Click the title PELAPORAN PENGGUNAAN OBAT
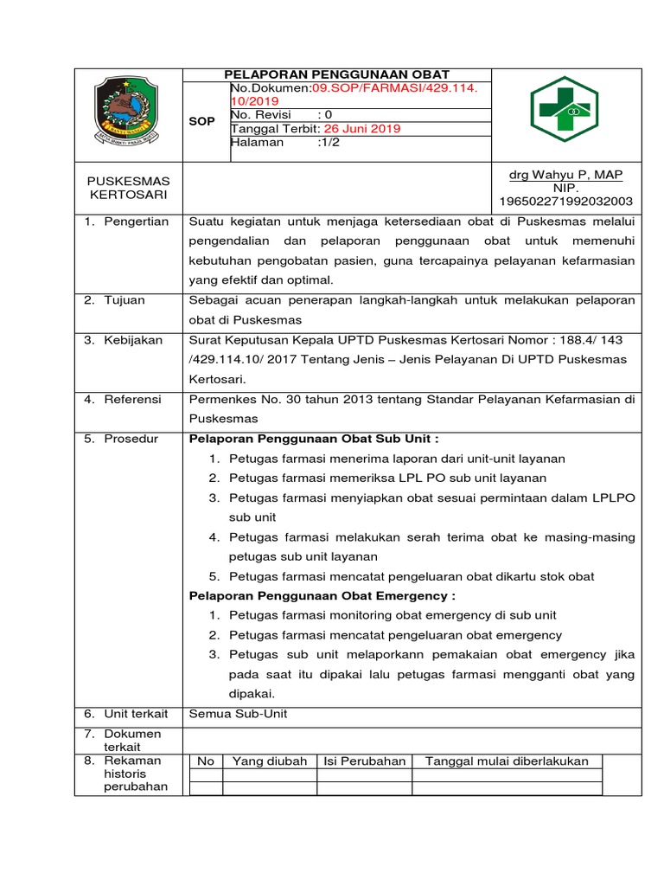(338, 74)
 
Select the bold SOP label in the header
(201, 122)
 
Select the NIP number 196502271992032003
(565, 202)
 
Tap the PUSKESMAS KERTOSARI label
(130, 188)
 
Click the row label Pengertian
(136, 222)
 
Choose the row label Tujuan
(125, 300)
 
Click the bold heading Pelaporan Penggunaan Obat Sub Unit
(320, 439)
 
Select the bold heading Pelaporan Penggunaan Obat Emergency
(322, 596)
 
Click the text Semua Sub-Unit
(238, 714)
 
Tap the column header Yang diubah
(269, 761)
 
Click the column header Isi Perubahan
(364, 761)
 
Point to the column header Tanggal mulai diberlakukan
(506, 761)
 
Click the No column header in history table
(206, 761)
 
